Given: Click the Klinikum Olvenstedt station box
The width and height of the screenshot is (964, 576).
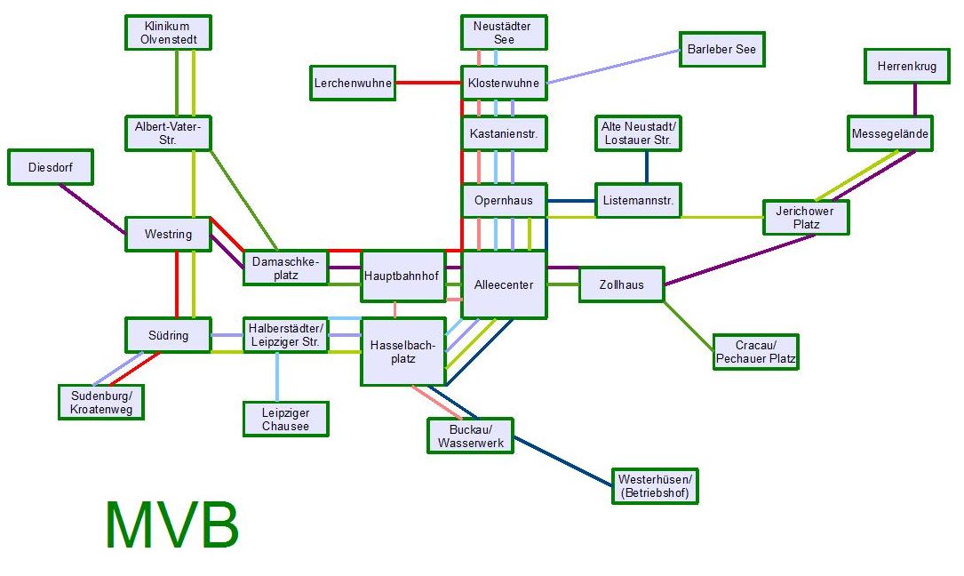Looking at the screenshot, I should pos(167,33).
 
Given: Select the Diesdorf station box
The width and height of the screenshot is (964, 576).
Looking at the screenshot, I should pos(50,167).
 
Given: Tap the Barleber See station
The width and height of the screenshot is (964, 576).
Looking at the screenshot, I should pos(721,50).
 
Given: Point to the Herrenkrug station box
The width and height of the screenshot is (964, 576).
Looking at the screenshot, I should pos(907,67).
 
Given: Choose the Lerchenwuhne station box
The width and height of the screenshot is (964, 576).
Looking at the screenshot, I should pos(353,83).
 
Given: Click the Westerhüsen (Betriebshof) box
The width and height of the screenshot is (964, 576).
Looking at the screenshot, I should pos(654,486).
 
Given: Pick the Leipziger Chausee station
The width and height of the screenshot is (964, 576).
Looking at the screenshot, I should pos(285,419).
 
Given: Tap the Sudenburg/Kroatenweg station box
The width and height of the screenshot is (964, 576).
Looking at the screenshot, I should pos(100,402).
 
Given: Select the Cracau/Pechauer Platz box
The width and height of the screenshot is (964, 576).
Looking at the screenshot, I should pos(755,352).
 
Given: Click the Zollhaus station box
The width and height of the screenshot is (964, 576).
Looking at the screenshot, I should pos(621,285).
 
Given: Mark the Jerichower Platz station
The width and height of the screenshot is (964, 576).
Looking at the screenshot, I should pos(806,218).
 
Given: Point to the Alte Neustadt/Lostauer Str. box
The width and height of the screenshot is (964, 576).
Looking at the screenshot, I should pos(640,134).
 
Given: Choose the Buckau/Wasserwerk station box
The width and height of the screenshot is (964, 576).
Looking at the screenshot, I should pos(470,436).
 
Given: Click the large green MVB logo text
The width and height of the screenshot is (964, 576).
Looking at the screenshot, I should pos(171,525).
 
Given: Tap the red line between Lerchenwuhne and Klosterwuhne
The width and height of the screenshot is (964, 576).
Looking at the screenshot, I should pos(428,83).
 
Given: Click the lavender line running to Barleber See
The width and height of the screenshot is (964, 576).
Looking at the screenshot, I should pos(613,67).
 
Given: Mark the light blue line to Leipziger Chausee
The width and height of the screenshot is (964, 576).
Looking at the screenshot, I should pos(277,377).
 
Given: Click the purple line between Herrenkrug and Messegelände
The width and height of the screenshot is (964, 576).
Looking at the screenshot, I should pos(914,100).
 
